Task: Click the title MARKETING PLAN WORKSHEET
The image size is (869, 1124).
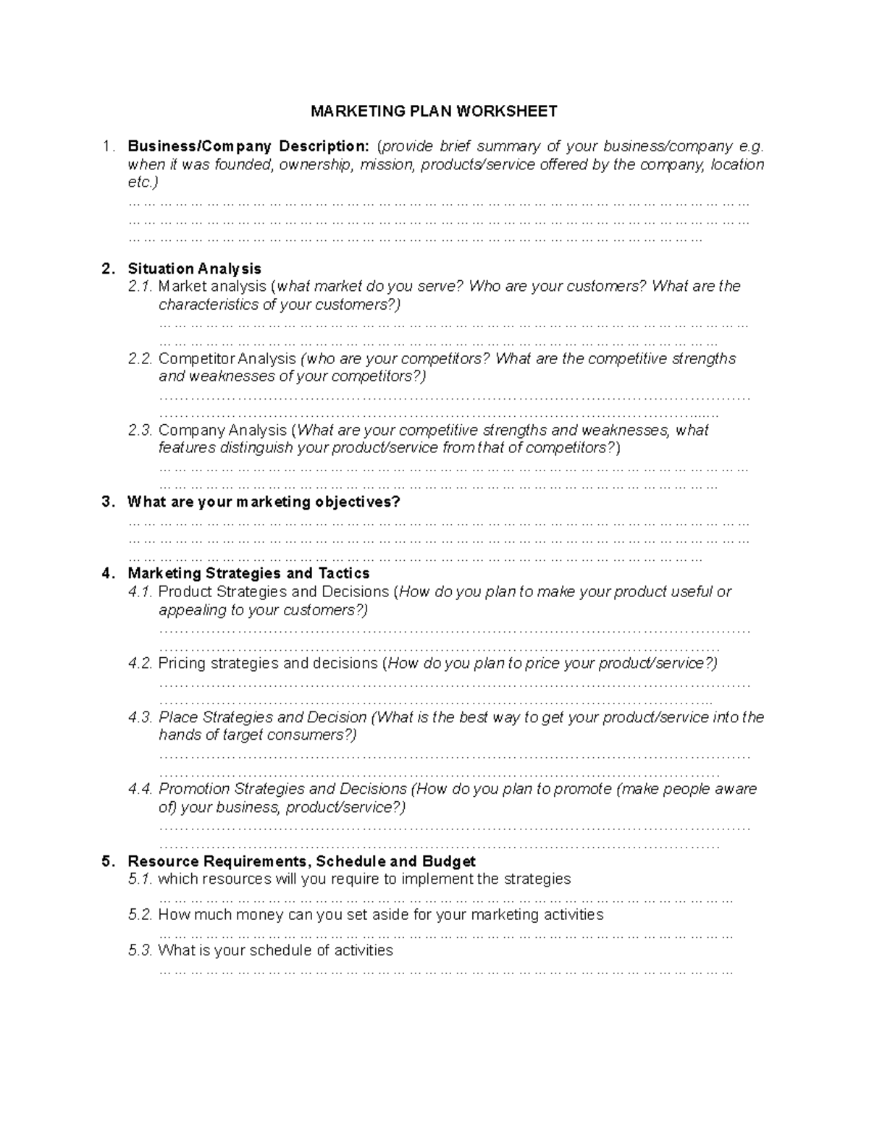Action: pos(434,111)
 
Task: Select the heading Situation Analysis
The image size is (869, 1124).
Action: pos(194,269)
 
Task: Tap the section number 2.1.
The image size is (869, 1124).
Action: pos(140,287)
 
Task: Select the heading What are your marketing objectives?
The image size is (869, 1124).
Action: pos(264,502)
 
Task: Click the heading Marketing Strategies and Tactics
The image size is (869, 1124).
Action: pos(248,574)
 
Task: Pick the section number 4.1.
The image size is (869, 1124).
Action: pos(140,592)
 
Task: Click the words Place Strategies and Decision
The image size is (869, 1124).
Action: pos(262,717)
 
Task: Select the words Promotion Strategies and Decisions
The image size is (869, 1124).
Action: pos(282,789)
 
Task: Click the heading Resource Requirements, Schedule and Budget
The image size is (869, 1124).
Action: pos(301,861)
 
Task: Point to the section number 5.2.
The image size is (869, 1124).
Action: pos(140,915)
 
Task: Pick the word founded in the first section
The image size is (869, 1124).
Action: pos(243,165)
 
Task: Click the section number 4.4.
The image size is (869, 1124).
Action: pos(140,789)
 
